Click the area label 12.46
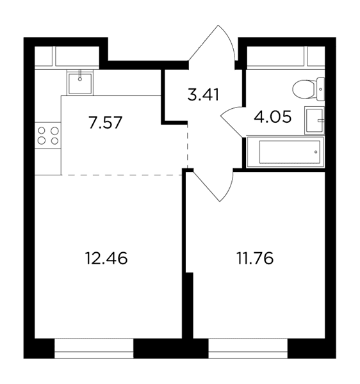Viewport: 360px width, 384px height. [106, 259]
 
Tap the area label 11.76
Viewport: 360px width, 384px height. [255, 259]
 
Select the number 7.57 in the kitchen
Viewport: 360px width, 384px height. [106, 123]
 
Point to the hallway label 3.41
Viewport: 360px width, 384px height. [203, 95]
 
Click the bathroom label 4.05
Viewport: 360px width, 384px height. [273, 116]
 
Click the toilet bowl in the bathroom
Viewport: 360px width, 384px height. [304, 89]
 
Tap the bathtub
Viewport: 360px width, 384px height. [285, 152]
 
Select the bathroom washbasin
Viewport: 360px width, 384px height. [315, 120]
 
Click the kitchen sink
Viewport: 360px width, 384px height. [80, 83]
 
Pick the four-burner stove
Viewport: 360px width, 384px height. [48, 136]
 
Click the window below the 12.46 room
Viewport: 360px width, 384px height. [94, 348]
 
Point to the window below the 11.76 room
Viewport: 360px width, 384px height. [248, 348]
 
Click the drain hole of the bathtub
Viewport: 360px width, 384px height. [316, 152]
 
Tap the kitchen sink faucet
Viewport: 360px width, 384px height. [80, 75]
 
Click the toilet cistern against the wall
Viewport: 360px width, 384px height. [320, 89]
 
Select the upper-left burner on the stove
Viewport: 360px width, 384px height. [42, 131]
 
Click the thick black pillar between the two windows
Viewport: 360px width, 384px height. [171, 349]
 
